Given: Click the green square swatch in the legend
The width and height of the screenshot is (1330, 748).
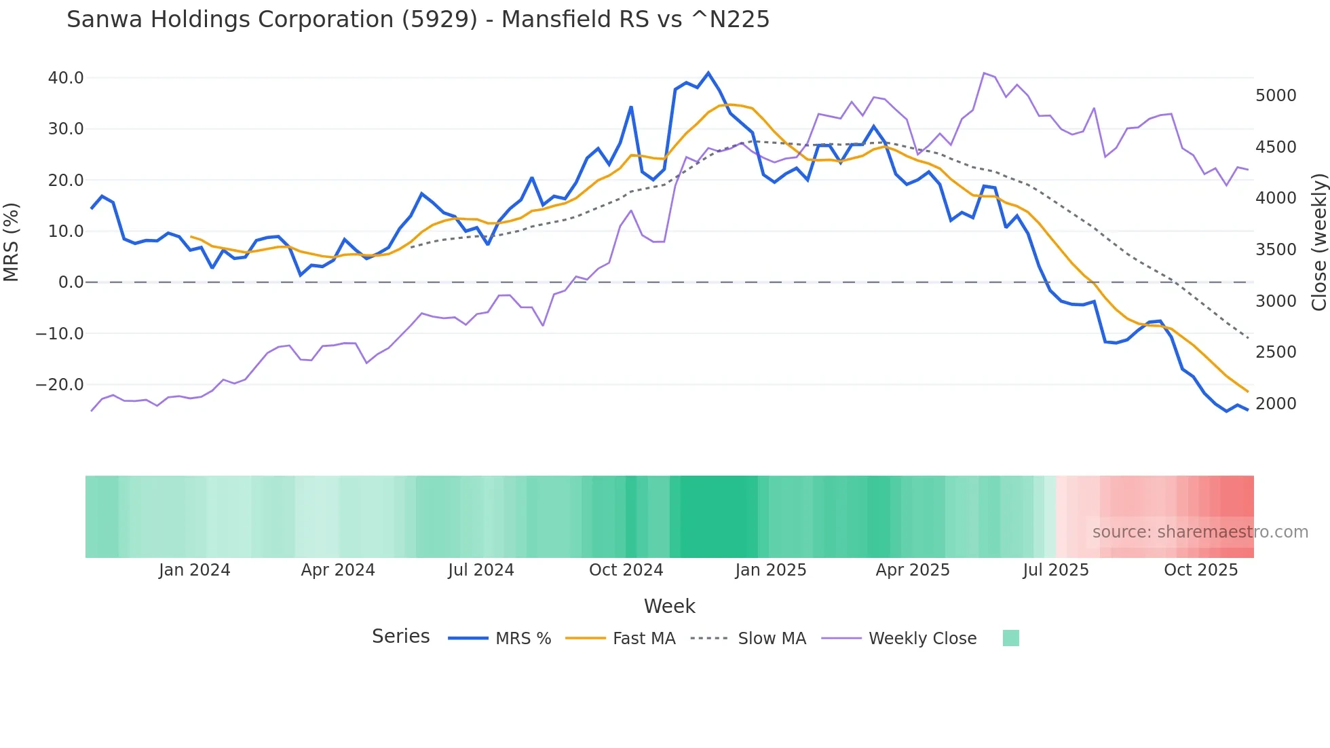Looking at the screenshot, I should click(x=1010, y=638).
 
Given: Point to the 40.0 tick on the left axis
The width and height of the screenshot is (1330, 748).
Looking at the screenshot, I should click(x=66, y=78).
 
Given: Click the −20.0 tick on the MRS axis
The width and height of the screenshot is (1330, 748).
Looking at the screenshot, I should click(x=60, y=385).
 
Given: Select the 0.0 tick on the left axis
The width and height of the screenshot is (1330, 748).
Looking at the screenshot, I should click(x=71, y=282).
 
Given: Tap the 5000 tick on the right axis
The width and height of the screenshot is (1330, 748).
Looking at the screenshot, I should click(x=1276, y=96).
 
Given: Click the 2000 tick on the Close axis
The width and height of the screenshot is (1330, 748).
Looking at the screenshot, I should click(x=1276, y=404).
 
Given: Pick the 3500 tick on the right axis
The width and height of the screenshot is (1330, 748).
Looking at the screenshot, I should click(x=1276, y=250).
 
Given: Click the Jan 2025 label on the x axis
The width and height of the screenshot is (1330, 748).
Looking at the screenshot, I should click(x=770, y=570).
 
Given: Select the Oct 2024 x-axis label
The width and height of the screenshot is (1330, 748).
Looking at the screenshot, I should click(x=626, y=570).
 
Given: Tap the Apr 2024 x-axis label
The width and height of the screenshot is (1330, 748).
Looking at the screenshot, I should click(x=338, y=570).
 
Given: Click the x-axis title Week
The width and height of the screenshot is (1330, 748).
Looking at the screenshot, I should click(x=669, y=606).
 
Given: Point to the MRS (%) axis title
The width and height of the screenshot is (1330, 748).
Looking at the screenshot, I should click(x=12, y=242).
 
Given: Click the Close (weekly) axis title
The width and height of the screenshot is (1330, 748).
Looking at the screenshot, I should click(x=1318, y=242).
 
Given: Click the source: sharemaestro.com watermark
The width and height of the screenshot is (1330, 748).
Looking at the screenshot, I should click(x=1200, y=532).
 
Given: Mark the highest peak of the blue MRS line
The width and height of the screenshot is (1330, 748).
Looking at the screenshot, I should click(x=708, y=73).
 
